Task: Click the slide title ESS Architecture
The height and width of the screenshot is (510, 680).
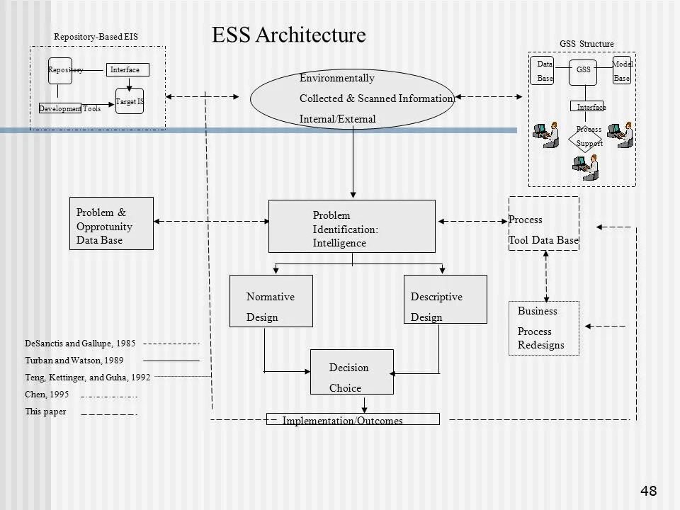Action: pyautogui.click(x=288, y=35)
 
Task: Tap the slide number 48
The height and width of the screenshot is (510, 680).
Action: pyautogui.click(x=648, y=490)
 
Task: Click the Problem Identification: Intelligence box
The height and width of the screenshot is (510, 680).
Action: pyautogui.click(x=351, y=226)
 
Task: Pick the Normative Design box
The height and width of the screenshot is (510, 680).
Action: pyautogui.click(x=271, y=301)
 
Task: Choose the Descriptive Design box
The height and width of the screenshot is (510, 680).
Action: pyautogui.click(x=445, y=301)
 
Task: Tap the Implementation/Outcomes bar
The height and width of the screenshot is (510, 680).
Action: pyautogui.click(x=352, y=419)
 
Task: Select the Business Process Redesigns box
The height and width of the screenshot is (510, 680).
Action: pyautogui.click(x=544, y=328)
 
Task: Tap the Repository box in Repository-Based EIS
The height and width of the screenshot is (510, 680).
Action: pyautogui.click(x=60, y=70)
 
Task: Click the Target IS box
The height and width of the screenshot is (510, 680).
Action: pyautogui.click(x=130, y=101)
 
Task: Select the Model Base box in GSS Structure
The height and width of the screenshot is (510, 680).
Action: pyautogui.click(x=621, y=71)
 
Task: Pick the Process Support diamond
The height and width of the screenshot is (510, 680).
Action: pyautogui.click(x=588, y=136)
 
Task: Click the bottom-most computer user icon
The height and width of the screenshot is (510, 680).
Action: pyautogui.click(x=586, y=167)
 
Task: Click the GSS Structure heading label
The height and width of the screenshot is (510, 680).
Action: pyautogui.click(x=586, y=44)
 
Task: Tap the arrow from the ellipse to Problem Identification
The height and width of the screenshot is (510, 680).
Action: pyautogui.click(x=353, y=163)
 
